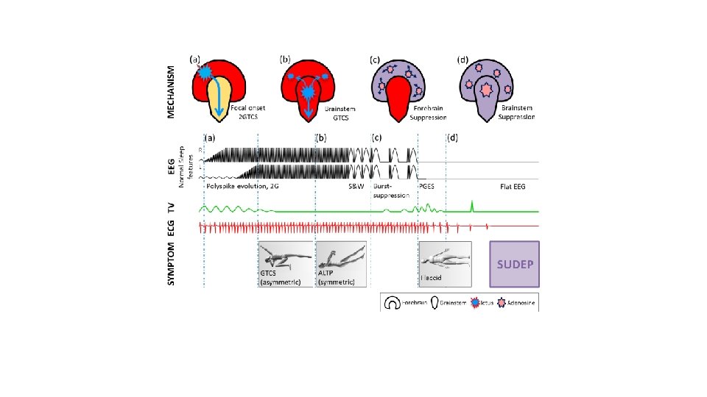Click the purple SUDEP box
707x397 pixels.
[x=515, y=264]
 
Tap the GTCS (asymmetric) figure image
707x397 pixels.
[x=285, y=264]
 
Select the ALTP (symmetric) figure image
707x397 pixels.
[x=342, y=264]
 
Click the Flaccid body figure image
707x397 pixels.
[x=445, y=264]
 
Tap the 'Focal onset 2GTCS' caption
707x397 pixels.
[x=247, y=112]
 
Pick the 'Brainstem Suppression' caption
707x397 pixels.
[x=515, y=112]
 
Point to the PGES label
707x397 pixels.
[x=427, y=187]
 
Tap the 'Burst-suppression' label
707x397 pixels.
[x=390, y=190]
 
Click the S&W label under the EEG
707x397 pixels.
[x=356, y=187]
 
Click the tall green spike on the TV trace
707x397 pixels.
[x=471, y=205]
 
